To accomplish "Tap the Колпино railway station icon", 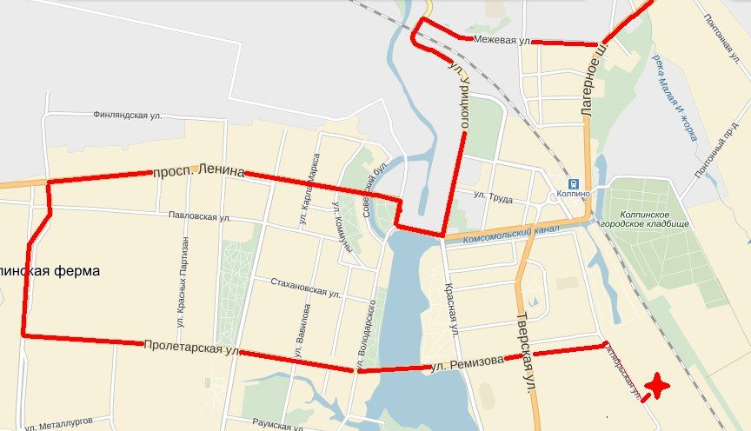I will pyautogui.click(x=573, y=183).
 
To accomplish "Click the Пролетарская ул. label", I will pyautogui.click(x=191, y=348).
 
